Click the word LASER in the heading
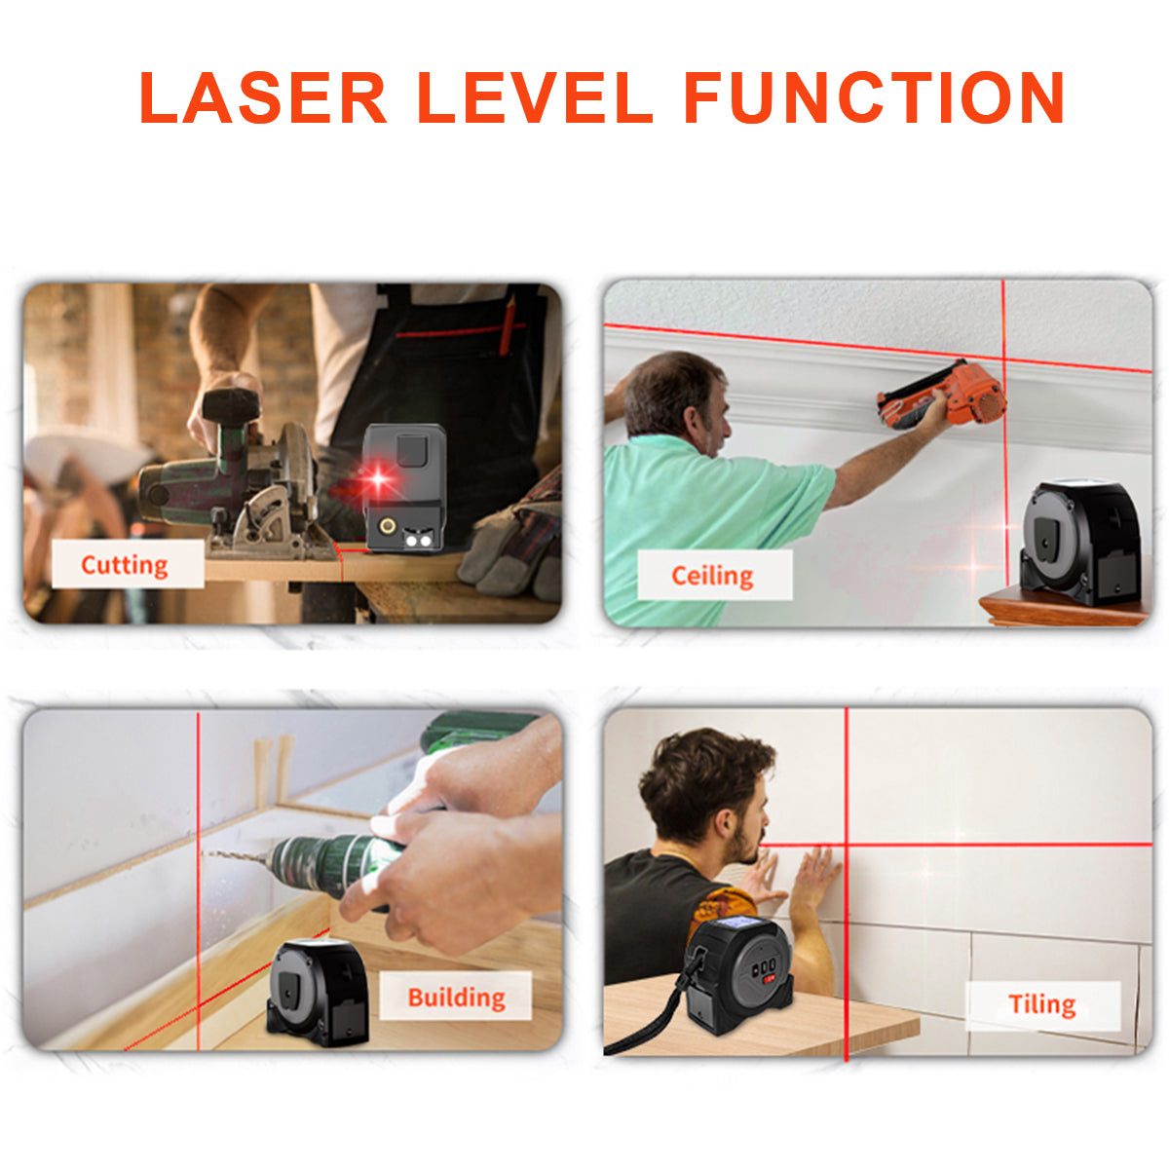pos(263,98)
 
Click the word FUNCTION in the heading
pos(874,98)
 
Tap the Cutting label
pos(126,565)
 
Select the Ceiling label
pos(713,576)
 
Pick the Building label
pos(456,997)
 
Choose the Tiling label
pos(1041,1004)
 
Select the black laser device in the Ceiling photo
pos(1079,543)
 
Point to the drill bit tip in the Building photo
pos(207,854)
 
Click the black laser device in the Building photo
pos(318,992)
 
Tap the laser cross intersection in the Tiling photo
pos(846,845)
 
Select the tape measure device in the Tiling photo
pos(740,974)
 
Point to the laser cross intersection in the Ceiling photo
pos(1003,358)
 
